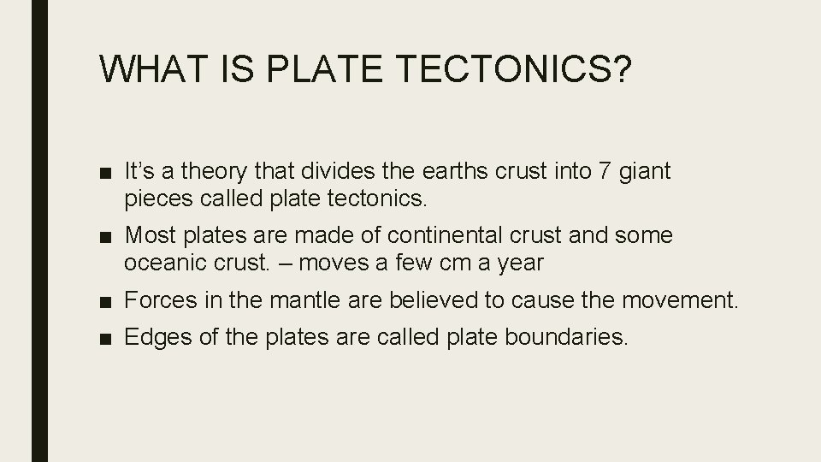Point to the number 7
pos(605,172)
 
